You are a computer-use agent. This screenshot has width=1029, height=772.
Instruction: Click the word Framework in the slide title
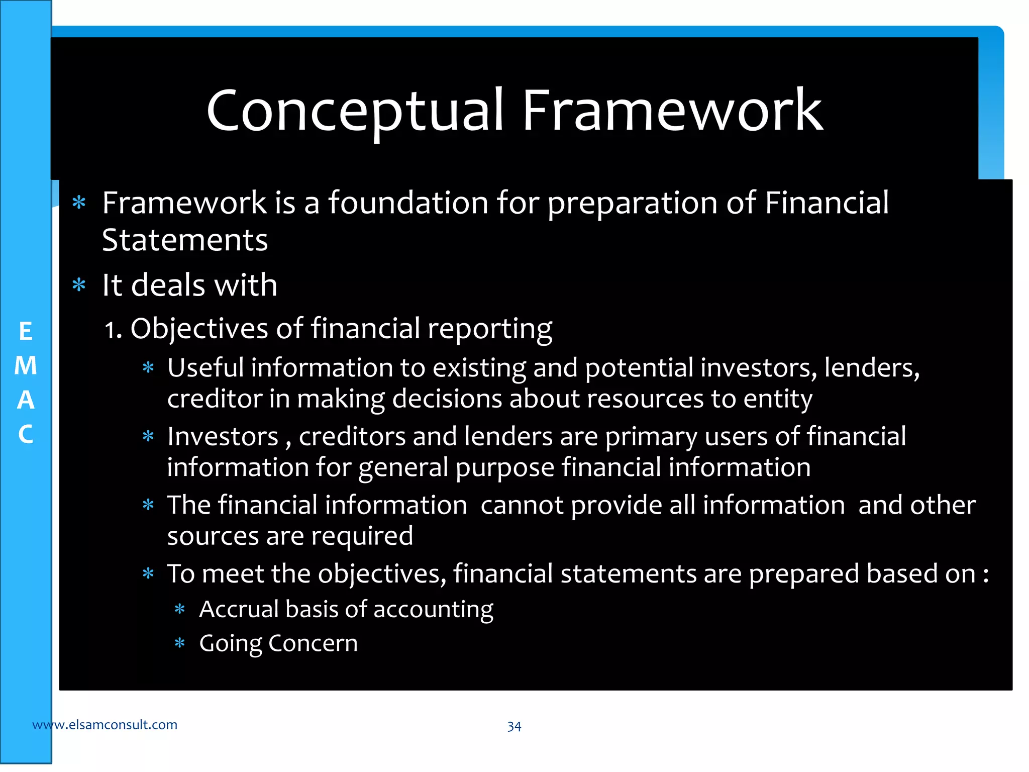tap(672, 111)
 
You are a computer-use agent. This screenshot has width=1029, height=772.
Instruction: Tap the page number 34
tap(514, 726)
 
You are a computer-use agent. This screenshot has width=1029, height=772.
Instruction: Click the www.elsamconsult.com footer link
tap(105, 725)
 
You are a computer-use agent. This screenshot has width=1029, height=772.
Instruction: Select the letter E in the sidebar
tap(26, 332)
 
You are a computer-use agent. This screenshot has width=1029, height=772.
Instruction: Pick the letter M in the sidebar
tap(26, 366)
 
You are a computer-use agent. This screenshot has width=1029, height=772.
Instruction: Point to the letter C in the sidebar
tap(26, 434)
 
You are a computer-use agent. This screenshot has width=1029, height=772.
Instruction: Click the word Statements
tap(185, 240)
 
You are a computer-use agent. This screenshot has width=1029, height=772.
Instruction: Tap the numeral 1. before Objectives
tap(113, 330)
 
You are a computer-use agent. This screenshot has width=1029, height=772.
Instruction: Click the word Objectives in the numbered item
tap(199, 329)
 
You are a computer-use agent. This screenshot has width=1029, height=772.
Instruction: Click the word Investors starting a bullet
tap(223, 436)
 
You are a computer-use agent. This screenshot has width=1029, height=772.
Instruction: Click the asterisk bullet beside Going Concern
tap(179, 643)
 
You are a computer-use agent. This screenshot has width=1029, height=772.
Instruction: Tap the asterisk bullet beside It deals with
tap(79, 285)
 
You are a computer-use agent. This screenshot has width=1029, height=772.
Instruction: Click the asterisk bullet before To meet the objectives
tap(148, 573)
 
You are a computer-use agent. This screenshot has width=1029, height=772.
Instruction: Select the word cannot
tap(522, 505)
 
